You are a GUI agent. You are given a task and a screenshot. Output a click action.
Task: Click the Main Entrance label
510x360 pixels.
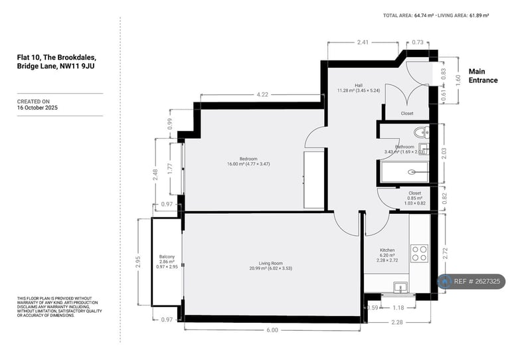[483, 76]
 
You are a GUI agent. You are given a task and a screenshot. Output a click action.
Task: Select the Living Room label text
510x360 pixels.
[270, 264]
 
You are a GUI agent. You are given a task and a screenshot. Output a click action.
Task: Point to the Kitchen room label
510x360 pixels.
[387, 252]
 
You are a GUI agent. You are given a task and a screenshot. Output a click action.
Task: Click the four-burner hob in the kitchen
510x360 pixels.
[419, 252]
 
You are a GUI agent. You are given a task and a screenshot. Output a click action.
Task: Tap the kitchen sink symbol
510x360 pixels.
[400, 286]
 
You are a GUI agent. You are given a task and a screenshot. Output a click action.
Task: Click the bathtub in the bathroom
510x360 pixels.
[405, 172]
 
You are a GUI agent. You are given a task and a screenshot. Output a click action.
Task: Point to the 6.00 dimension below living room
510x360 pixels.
[273, 330]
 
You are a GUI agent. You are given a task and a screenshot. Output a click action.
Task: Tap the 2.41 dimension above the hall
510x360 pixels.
[363, 43]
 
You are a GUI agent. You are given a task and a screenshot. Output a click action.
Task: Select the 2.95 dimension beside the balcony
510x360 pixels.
[139, 261]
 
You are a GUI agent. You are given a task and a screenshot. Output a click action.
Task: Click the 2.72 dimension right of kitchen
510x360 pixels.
[444, 253]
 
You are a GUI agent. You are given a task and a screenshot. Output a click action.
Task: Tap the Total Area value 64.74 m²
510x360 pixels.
[424, 15]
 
